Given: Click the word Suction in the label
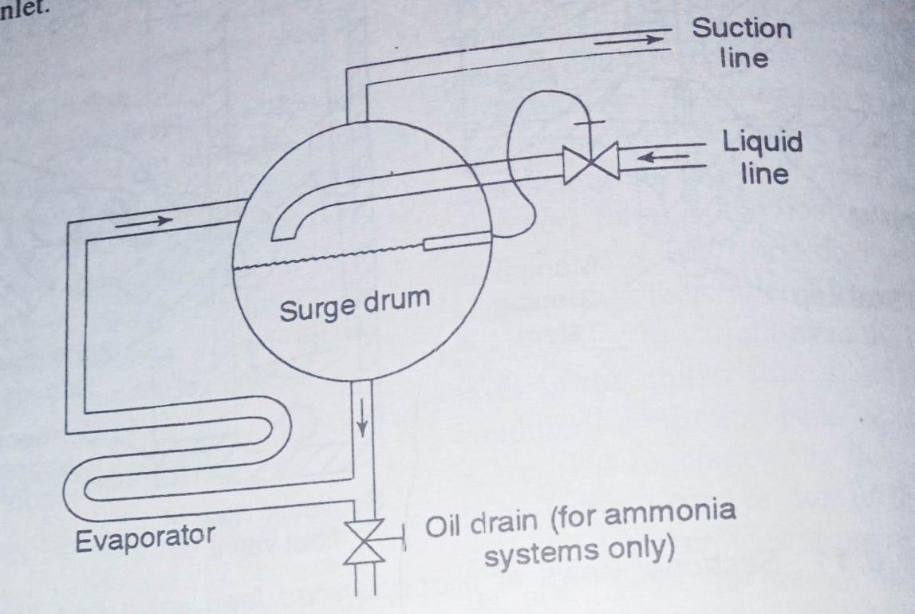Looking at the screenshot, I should point(741,29).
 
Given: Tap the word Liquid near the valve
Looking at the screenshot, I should point(762,143).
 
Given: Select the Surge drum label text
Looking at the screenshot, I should point(354,304).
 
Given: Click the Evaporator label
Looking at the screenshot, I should point(144,537).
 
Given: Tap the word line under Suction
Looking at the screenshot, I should point(743,58).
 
